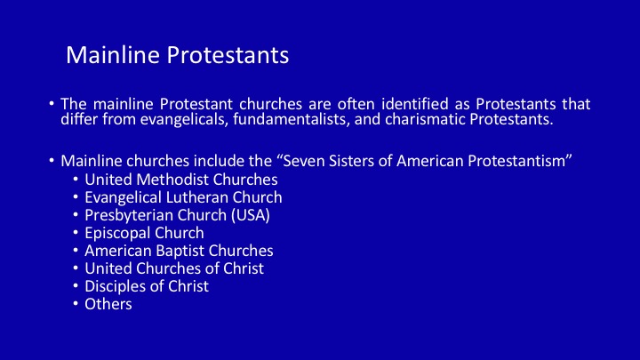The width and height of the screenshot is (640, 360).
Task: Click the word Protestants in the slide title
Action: tap(228, 55)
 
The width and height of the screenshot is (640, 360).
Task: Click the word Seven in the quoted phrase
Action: tap(304, 161)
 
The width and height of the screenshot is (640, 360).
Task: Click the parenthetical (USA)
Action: tap(251, 215)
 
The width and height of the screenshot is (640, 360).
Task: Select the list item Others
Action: tap(108, 304)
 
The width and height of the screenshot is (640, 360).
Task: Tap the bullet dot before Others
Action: tap(76, 303)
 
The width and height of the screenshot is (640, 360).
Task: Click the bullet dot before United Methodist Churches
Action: tap(76, 179)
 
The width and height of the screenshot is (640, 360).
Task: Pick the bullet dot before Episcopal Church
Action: tap(76, 232)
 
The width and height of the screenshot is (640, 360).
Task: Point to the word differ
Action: tap(79, 119)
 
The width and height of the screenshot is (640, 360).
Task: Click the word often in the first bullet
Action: tap(356, 104)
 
